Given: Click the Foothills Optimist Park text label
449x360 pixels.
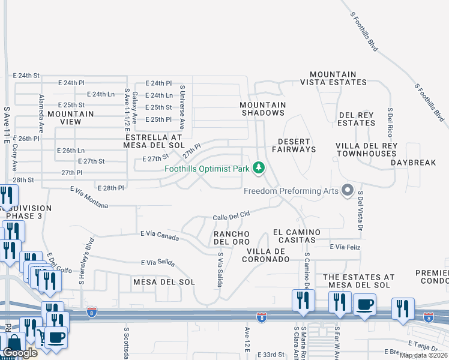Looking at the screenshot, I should (207, 169).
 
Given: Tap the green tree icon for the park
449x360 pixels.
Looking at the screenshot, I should (259, 168).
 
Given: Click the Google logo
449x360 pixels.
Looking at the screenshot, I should (19, 353).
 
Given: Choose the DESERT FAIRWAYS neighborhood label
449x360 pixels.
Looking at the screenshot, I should (294, 146).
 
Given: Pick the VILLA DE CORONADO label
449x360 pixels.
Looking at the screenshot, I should (265, 255).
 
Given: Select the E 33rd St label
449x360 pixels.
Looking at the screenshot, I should (270, 355).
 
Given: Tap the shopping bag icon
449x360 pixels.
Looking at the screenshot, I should (13, 344).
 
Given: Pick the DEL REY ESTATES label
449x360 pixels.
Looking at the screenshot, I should (357, 119).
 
